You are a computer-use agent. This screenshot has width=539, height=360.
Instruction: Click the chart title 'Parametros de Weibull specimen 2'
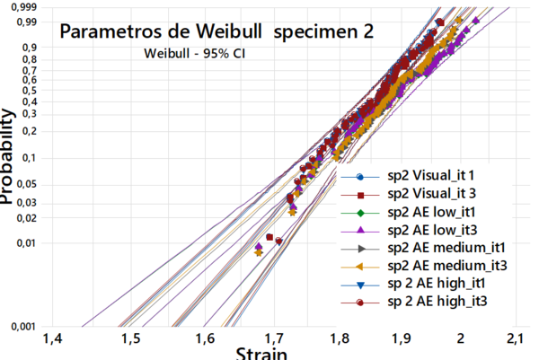(x=216, y=31)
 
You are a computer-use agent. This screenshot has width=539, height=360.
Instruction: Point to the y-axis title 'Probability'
(x=10, y=157)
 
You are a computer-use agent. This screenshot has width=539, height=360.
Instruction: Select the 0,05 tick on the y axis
(x=27, y=183)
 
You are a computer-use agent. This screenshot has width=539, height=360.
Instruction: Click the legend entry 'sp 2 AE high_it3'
(x=438, y=302)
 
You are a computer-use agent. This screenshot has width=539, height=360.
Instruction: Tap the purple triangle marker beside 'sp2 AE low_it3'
(x=359, y=230)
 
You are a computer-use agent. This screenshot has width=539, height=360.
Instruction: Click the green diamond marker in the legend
(x=359, y=212)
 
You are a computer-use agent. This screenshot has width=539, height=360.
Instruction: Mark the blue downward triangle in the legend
(x=359, y=284)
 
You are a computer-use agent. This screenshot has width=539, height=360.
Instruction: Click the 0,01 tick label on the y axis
(x=27, y=242)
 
